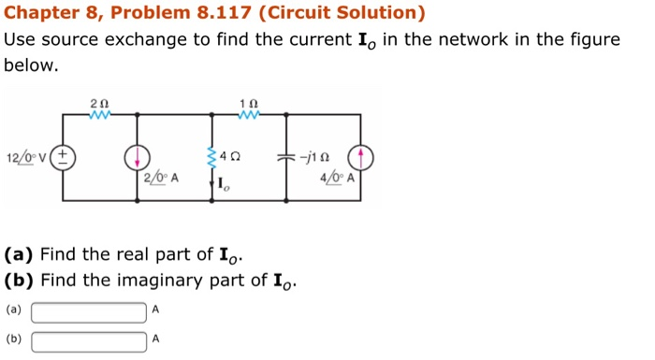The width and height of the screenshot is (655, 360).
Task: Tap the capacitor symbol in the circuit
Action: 286,158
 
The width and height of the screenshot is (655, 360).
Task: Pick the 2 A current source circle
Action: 138,157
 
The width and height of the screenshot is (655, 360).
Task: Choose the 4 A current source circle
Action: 360,157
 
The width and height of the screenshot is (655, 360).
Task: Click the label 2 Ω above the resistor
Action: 99,101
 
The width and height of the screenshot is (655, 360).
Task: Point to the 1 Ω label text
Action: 248,101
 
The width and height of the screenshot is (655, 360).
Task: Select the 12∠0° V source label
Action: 28,157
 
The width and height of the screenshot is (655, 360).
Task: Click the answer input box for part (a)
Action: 90,310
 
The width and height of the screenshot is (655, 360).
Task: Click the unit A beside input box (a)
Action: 156,310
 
